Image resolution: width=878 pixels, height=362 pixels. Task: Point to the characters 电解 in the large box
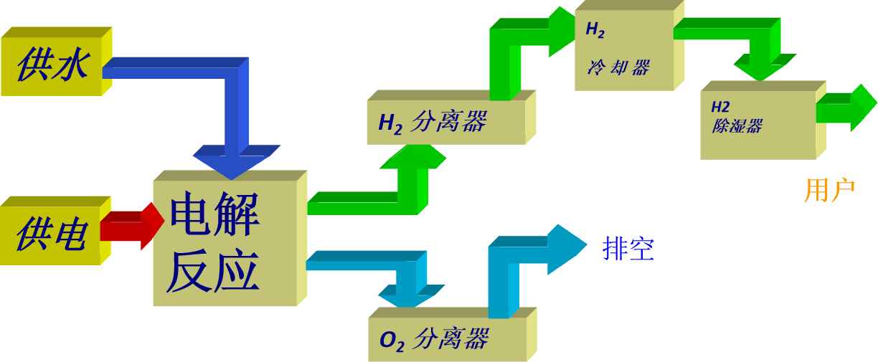pyautogui.click(x=214, y=214)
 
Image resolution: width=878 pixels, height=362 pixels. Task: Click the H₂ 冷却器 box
pyautogui.click(x=624, y=50)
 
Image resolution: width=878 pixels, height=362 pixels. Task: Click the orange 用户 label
pyautogui.click(x=829, y=191)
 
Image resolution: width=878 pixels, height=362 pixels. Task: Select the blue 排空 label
pyautogui.click(x=628, y=249)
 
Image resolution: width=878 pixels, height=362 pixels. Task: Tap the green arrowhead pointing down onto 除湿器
pyautogui.click(x=762, y=69)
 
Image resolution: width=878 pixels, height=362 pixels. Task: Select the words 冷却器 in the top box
pyautogui.click(x=618, y=68)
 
